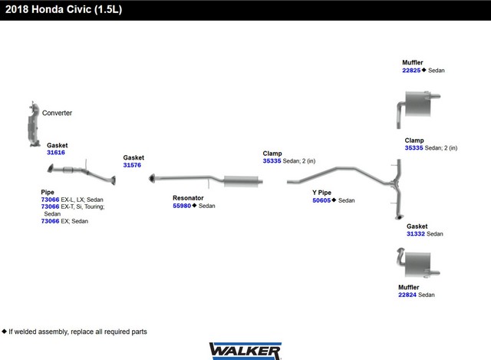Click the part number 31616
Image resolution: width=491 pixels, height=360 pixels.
pos(56,153)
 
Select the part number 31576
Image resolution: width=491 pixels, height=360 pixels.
pos(132,165)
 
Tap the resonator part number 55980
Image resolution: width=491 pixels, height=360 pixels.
pos(182,206)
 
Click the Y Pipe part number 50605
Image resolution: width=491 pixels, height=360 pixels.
pos(321,200)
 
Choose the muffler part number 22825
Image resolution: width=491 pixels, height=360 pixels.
pos(411,71)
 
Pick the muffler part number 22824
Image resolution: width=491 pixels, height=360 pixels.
pos(407,295)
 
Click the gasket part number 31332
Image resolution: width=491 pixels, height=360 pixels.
pos(416,234)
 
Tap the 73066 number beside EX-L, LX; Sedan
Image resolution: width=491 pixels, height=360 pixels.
pos(50,200)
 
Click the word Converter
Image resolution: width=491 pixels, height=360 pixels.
pos(57,113)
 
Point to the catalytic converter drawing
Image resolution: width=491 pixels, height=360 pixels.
pos(33,125)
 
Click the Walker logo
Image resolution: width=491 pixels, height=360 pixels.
pos(245,351)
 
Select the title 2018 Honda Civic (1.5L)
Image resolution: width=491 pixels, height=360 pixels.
pos(64,9)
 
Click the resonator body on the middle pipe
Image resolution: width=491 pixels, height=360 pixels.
pos(241,181)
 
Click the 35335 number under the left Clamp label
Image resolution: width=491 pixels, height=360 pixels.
pos(272,161)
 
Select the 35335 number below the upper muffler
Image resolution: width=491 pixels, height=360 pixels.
pos(414,148)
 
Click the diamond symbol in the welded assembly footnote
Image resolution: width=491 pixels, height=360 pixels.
pos(4,331)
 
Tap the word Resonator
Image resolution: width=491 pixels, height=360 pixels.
pos(188,198)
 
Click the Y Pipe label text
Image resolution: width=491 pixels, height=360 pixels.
pos(321,193)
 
